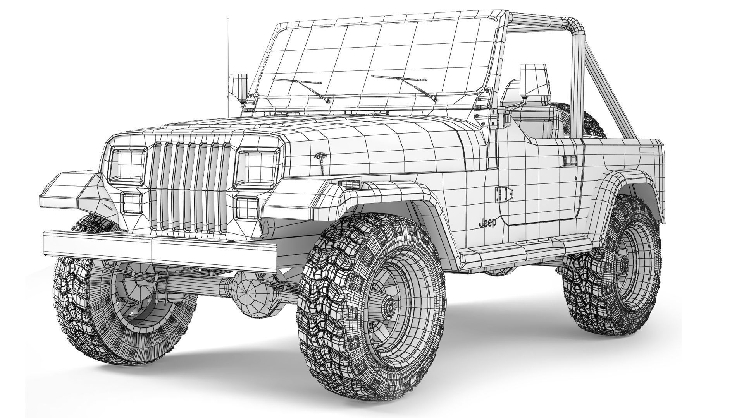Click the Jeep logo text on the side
click(487, 223)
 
